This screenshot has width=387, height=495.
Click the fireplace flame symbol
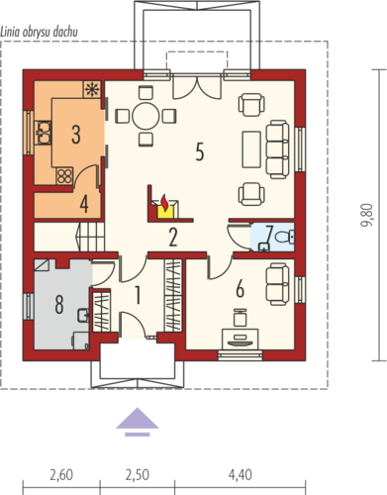(164, 201)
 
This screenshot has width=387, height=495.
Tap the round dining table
(145, 116)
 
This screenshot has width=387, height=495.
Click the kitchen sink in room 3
(44, 133)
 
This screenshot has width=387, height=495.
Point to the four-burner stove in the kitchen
(64, 176)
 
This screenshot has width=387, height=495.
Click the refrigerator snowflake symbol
(91, 89)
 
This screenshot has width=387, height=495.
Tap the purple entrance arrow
(138, 422)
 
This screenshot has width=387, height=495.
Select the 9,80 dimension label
(368, 215)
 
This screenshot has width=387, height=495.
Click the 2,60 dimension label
(61, 475)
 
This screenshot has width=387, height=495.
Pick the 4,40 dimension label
(241, 475)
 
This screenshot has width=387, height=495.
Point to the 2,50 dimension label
(138, 475)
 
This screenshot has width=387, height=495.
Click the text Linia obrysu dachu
(40, 32)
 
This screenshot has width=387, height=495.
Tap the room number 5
(200, 151)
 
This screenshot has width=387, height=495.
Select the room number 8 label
(59, 304)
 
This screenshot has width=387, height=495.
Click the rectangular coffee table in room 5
(251, 149)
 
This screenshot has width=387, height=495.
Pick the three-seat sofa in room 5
(278, 149)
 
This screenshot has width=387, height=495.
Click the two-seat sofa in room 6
(278, 284)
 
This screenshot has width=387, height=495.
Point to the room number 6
(241, 288)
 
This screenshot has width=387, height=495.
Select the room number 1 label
(138, 295)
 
